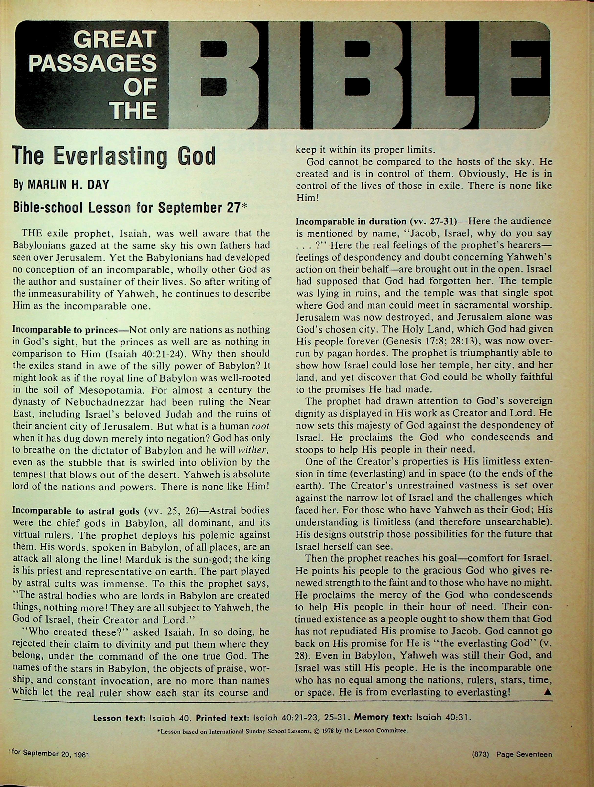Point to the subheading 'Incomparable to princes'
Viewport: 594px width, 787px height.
point(65,330)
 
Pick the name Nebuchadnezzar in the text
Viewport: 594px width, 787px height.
point(101,402)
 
